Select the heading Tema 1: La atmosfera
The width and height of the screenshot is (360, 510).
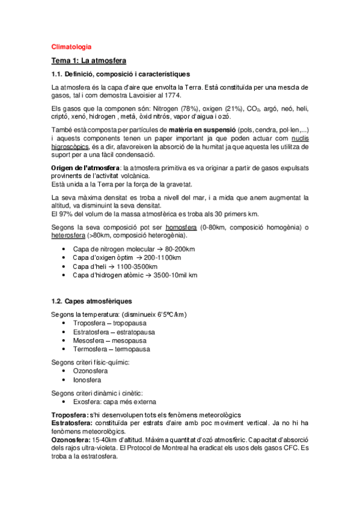(88, 61)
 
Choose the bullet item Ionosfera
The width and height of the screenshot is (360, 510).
(87, 379)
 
